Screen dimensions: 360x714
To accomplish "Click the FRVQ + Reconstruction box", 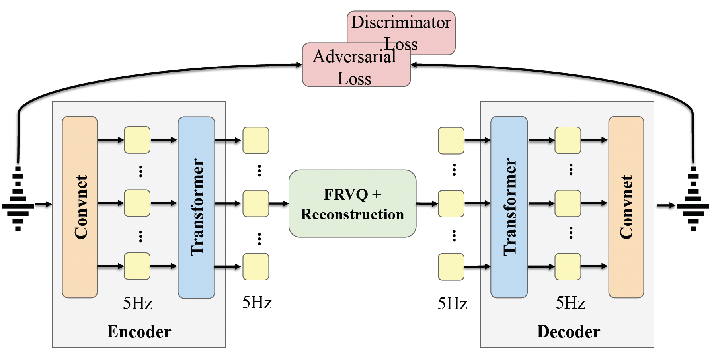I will pos(352,203).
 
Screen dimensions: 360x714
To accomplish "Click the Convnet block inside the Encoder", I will pos(80,207).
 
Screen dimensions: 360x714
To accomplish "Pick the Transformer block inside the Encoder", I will pos(197,207).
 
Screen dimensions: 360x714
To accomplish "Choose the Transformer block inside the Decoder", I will pos(509,207).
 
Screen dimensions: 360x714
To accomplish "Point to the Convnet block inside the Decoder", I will pos(626,207).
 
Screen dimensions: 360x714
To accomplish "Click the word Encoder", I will pos(139,331).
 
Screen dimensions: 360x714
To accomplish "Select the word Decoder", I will pos(568,331).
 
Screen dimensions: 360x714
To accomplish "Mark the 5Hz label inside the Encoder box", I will pos(137,303).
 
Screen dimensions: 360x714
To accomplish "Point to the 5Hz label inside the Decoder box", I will pos(571,303).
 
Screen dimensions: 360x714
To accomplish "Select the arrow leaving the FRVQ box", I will pos(427,203).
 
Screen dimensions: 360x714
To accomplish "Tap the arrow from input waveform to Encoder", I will pos(43,204).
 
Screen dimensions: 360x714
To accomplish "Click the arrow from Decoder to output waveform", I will pos(666,205).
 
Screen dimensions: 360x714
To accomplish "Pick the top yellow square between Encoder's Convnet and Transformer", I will pos(137,140).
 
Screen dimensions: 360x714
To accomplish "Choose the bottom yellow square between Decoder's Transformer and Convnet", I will pos(568,266).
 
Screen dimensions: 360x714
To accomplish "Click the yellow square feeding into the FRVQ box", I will pos(256,203).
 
